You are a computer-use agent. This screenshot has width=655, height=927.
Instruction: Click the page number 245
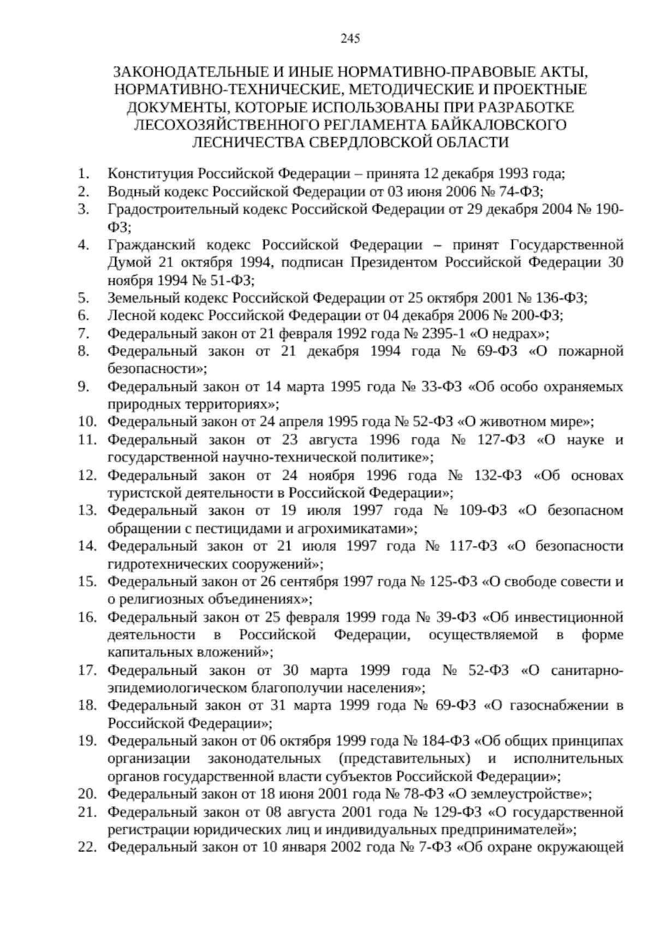(349, 38)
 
